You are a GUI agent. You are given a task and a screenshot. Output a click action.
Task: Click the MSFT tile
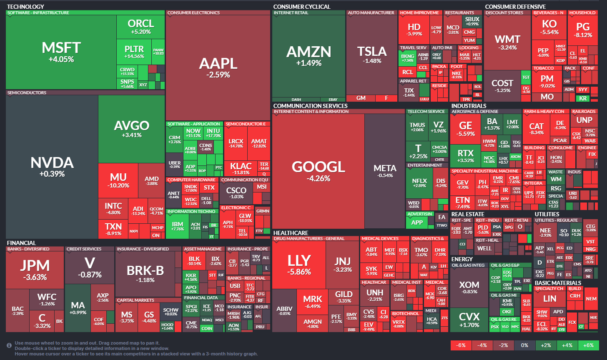point(61,52)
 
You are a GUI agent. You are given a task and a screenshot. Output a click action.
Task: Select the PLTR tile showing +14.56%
point(134,52)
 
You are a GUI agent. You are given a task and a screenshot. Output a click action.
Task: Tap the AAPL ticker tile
point(218,67)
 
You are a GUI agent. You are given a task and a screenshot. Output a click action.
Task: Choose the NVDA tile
point(52,167)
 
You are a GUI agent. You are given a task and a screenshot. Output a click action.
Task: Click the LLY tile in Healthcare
point(299,265)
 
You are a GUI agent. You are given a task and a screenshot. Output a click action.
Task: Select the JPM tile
point(35,269)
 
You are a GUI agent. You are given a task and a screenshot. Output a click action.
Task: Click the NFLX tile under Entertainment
point(419,183)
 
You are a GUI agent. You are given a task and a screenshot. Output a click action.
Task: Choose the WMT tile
point(507,42)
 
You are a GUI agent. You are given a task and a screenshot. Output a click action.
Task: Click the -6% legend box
point(461,345)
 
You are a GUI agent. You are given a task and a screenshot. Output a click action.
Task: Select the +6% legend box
point(589,345)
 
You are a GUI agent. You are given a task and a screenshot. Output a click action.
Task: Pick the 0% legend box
point(524,345)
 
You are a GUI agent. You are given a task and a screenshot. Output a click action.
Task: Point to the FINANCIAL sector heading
point(21,243)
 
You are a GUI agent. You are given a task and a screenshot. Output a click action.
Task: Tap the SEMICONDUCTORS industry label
point(27,92)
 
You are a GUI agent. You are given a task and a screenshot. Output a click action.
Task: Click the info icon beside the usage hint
point(9,345)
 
